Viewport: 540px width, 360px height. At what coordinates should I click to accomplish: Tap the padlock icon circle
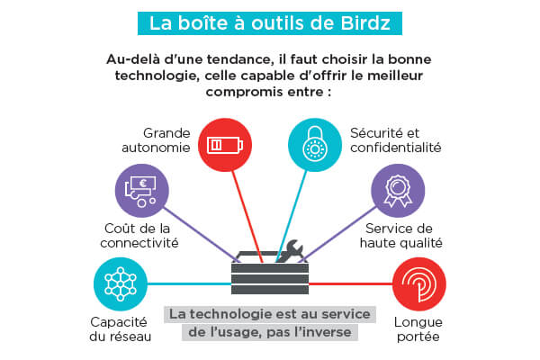click(x=315, y=144)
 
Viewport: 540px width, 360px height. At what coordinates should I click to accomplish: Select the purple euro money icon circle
click(x=141, y=190)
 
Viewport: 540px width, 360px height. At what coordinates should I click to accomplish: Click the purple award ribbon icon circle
click(x=398, y=190)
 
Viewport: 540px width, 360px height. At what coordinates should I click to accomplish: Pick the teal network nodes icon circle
click(x=120, y=283)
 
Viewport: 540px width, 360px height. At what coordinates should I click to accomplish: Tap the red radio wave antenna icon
click(x=418, y=283)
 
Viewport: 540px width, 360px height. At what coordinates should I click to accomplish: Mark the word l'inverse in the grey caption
click(x=326, y=331)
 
